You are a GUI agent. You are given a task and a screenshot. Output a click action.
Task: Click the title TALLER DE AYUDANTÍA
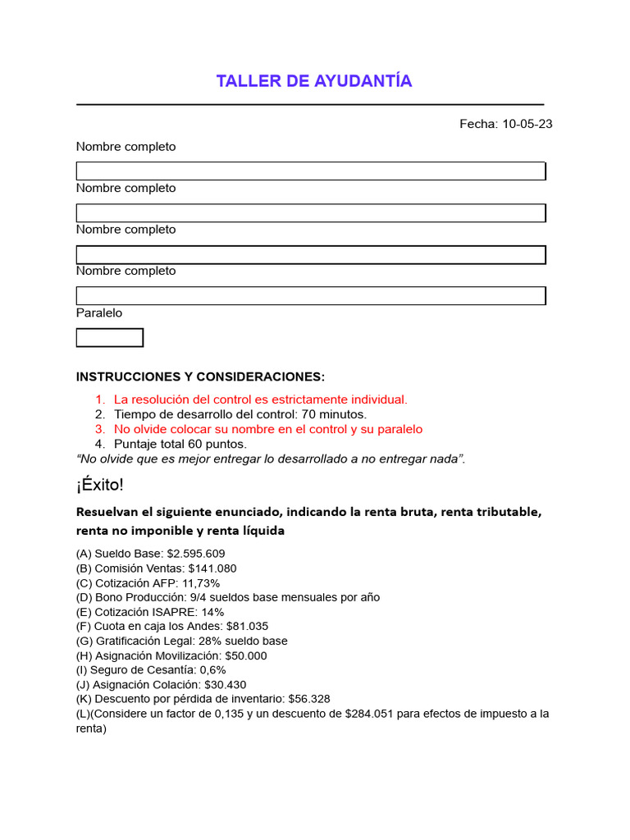(314, 81)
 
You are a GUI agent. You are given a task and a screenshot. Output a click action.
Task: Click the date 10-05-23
(527, 124)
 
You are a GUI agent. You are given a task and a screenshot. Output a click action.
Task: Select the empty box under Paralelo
(110, 338)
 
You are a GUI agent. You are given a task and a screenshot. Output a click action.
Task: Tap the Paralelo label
(99, 313)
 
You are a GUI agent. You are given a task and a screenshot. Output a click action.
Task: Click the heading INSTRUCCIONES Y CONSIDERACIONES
(200, 377)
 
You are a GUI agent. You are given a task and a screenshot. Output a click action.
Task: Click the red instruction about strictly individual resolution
(260, 399)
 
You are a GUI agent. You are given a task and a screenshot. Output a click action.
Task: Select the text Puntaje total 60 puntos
(180, 444)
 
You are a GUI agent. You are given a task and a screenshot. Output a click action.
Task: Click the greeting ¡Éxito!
(100, 486)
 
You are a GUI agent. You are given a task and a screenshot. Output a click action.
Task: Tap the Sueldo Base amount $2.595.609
(195, 554)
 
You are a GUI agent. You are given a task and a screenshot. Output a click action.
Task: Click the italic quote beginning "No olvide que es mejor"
(271, 459)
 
